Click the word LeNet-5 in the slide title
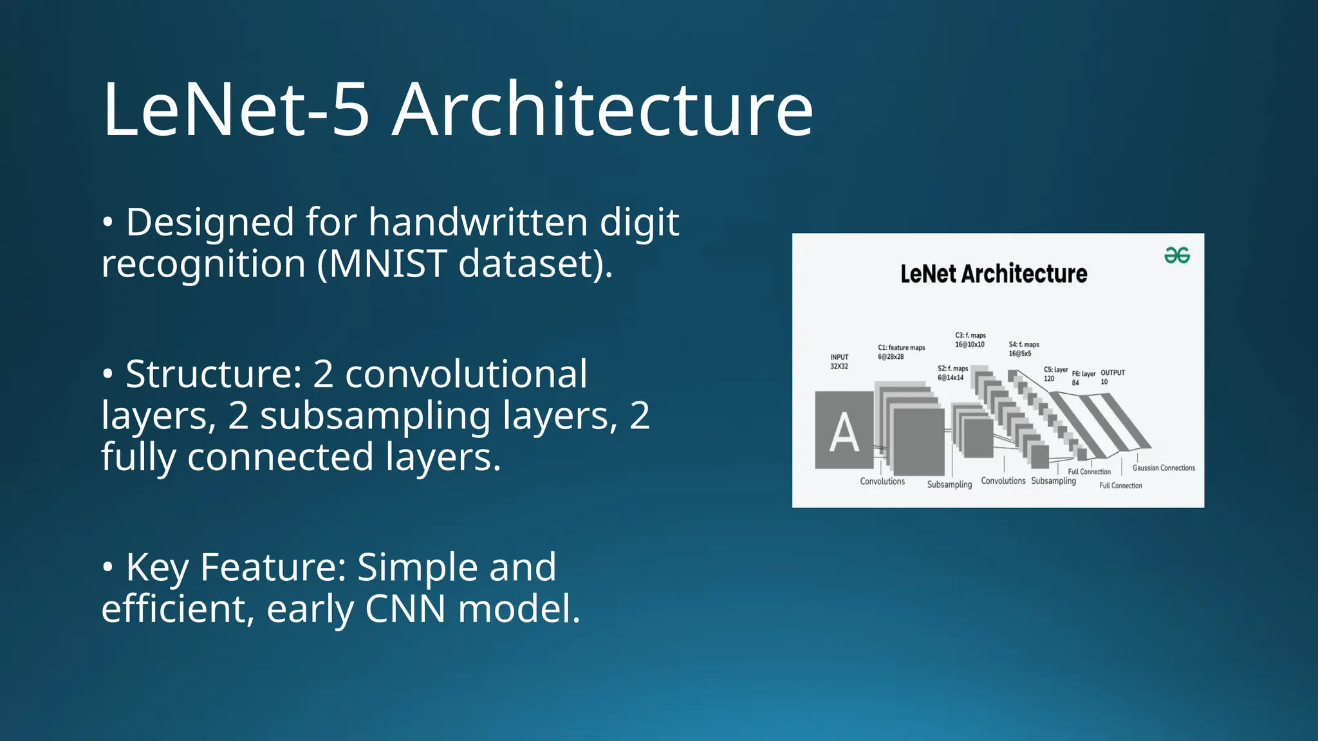pyautogui.click(x=236, y=109)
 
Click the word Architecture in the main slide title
pyautogui.click(x=602, y=109)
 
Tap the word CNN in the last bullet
pyautogui.click(x=405, y=608)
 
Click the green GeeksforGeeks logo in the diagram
pyautogui.click(x=1176, y=255)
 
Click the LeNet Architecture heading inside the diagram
pyautogui.click(x=993, y=274)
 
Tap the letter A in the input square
pyautogui.click(x=844, y=432)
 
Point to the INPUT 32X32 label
pyautogui.click(x=839, y=361)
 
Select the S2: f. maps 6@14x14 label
pyautogui.click(x=952, y=373)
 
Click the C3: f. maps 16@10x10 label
pyautogui.click(x=970, y=340)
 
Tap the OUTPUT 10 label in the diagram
pyautogui.click(x=1112, y=377)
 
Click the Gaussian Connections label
pyautogui.click(x=1164, y=468)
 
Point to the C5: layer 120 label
pyautogui.click(x=1055, y=374)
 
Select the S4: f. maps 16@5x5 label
pyautogui.click(x=1023, y=349)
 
